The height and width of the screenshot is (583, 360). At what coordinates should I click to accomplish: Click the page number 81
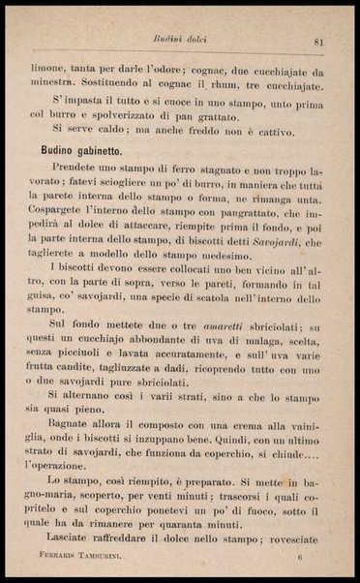[x=317, y=41]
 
